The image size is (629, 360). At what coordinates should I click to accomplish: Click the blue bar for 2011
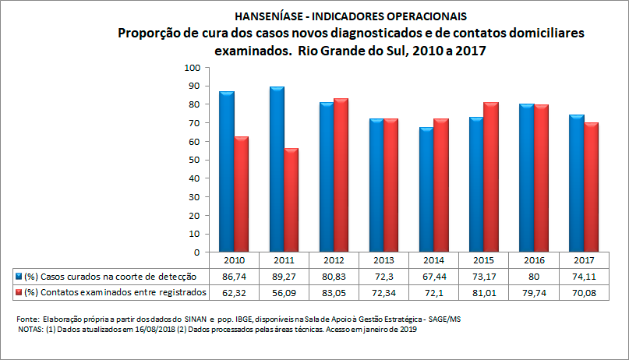click(x=277, y=169)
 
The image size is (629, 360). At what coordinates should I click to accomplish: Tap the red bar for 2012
click(x=341, y=175)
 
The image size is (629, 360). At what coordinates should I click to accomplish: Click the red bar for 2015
click(x=489, y=177)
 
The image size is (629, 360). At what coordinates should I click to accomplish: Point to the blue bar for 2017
click(x=576, y=183)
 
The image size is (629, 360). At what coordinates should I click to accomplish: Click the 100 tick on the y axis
click(x=190, y=68)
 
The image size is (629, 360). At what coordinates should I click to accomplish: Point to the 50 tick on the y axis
click(x=193, y=160)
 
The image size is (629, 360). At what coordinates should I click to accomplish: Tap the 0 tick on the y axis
click(x=195, y=252)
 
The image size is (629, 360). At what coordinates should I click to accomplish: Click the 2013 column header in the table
click(x=384, y=260)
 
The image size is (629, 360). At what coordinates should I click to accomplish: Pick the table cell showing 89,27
click(x=283, y=277)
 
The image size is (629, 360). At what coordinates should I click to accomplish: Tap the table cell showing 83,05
click(x=334, y=292)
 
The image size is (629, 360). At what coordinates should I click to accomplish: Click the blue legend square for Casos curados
click(x=18, y=277)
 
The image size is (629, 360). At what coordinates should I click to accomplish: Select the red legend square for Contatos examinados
click(x=18, y=292)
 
